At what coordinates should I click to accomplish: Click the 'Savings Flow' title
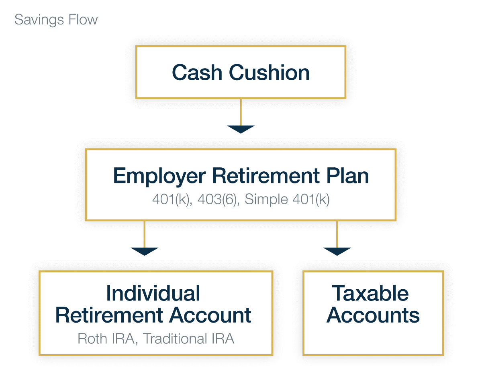pos(56,20)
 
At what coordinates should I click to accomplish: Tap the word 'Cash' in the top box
pos(197,72)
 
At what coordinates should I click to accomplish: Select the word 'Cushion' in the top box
pos(269,72)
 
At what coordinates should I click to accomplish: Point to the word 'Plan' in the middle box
pos(347,176)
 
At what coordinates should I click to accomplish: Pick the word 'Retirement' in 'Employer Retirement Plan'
pos(266,176)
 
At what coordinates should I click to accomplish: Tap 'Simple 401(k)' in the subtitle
pos(287,199)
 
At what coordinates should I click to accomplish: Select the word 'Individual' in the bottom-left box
pos(153,293)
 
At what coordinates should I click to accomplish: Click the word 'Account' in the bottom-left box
pos(210,315)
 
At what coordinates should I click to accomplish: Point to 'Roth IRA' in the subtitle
pos(106,339)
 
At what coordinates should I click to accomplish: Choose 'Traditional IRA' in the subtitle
pos(189,339)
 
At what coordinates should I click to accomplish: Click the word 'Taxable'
pos(370,293)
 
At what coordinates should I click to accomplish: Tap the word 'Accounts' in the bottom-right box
pos(373,315)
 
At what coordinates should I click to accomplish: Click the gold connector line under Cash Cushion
pos(241,112)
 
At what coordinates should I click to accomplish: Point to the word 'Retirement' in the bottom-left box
pos(109,315)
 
